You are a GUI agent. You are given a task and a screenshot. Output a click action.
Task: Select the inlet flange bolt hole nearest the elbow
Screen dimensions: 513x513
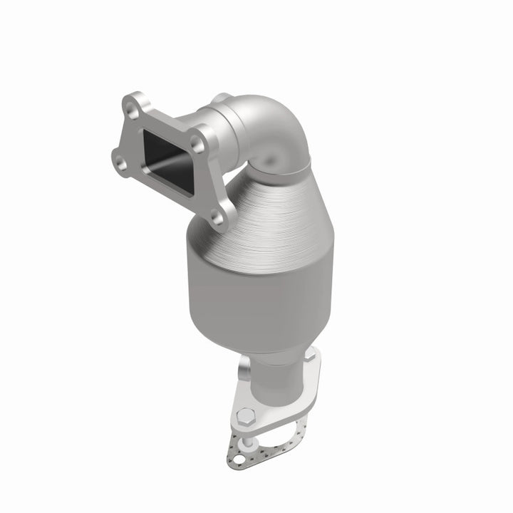coord(199,145)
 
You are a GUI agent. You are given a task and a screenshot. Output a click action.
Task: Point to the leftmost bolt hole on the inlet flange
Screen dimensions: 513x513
coord(123,163)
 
